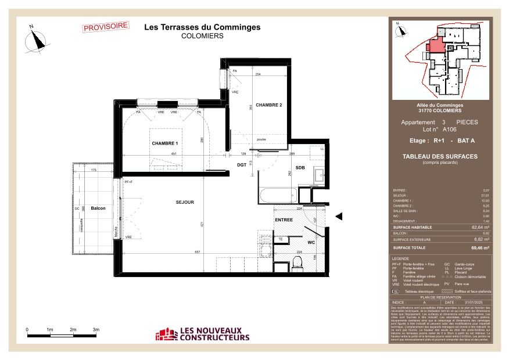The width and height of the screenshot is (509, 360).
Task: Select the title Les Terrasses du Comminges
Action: pos(202,27)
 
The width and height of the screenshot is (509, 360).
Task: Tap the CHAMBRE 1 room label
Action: pos(164,143)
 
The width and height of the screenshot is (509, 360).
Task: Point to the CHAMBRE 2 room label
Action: pos(268,105)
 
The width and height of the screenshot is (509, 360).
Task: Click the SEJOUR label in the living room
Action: pos(185,202)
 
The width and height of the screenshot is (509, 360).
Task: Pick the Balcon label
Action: pos(98,207)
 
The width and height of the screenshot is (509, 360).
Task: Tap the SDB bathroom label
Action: pos(300,167)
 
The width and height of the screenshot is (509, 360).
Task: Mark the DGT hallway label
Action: pos(241,165)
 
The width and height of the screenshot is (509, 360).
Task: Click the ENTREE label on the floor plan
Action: pos(284,220)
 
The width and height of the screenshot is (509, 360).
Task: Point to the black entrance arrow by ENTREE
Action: pos(341,216)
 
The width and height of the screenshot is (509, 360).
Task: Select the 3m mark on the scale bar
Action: pos(96,330)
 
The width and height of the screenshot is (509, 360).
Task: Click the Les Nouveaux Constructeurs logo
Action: pos(202,334)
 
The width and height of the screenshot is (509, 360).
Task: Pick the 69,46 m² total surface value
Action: pos(479,247)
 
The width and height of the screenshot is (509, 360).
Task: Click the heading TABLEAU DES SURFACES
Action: pos(440,156)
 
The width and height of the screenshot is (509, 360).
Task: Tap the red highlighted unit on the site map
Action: pos(435,45)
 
